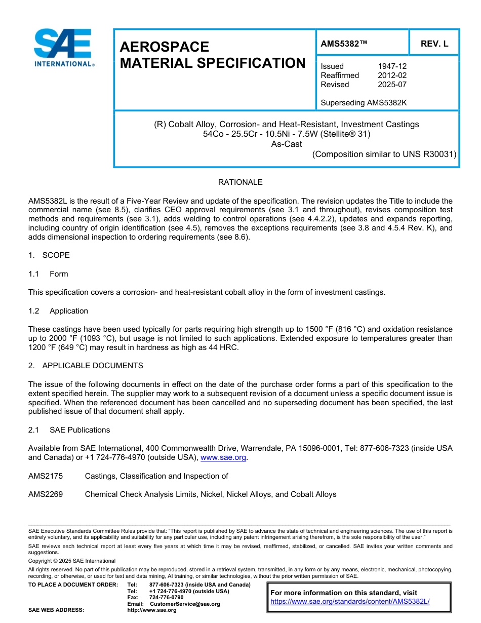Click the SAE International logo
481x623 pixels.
(x=63, y=48)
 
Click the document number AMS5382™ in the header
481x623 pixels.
(x=344, y=44)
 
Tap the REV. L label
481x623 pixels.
(x=434, y=44)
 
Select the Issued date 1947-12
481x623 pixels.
(x=392, y=66)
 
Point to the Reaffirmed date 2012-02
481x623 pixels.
(x=392, y=75)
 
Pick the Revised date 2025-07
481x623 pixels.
(x=392, y=85)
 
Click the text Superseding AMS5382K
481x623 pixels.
(x=364, y=103)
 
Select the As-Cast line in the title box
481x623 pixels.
(x=287, y=144)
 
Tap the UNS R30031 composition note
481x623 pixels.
(x=384, y=154)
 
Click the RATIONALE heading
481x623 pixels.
(x=240, y=182)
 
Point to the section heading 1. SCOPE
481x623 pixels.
(x=49, y=255)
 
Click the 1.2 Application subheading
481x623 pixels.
(x=58, y=311)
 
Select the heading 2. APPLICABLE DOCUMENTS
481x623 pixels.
(x=86, y=366)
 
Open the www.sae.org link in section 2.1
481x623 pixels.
(x=223, y=457)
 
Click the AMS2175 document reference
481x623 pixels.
(x=46, y=476)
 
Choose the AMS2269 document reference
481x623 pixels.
(x=46, y=494)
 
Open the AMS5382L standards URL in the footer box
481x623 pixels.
(x=350, y=602)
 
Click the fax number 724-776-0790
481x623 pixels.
(x=166, y=597)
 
